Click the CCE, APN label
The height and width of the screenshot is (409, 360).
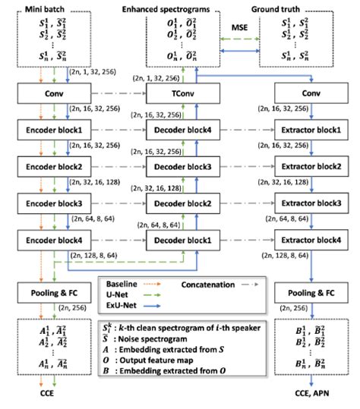tap(308, 395)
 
